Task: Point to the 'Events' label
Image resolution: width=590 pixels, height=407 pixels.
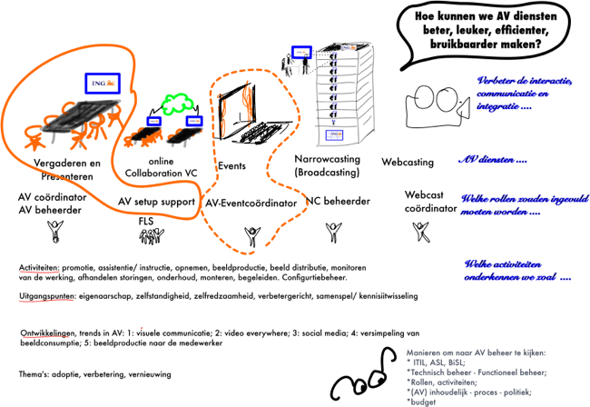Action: click(231, 166)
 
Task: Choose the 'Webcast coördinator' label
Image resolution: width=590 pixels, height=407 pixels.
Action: click(423, 202)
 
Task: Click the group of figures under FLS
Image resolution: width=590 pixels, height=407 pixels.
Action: click(149, 235)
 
